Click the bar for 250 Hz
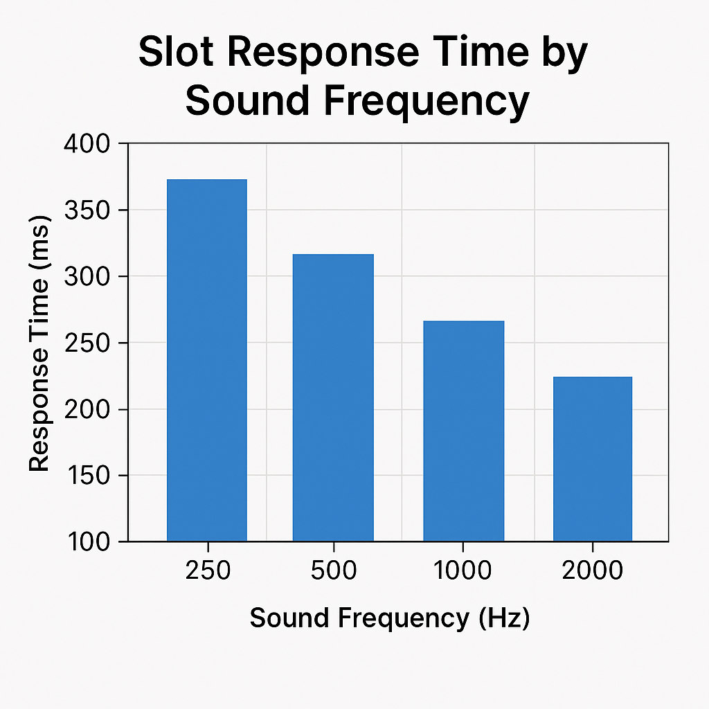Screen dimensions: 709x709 [x=206, y=360]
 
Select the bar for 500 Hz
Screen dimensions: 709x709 [x=333, y=398]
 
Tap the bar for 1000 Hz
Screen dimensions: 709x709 [x=463, y=431]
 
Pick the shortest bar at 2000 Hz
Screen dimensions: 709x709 [x=593, y=459]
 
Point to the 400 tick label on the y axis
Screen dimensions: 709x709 [x=87, y=144]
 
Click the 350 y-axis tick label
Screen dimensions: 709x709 [x=87, y=210]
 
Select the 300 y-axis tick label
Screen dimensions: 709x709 [x=87, y=276]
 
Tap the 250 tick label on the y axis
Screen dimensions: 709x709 [x=87, y=343]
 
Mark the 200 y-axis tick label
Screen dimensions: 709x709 [x=87, y=410]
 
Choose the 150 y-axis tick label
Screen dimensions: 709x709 [x=88, y=476]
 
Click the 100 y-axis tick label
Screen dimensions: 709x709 [x=88, y=541]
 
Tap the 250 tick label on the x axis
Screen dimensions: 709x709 [x=208, y=570]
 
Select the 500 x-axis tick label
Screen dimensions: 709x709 [x=334, y=570]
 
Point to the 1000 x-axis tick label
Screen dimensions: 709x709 [x=463, y=570]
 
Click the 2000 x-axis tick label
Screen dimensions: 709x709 [x=593, y=570]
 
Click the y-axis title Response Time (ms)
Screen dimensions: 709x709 [x=39, y=343]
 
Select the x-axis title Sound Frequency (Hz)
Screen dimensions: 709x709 [x=389, y=618]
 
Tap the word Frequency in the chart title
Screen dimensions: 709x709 [x=427, y=101]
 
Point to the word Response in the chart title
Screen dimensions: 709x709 [x=323, y=53]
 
